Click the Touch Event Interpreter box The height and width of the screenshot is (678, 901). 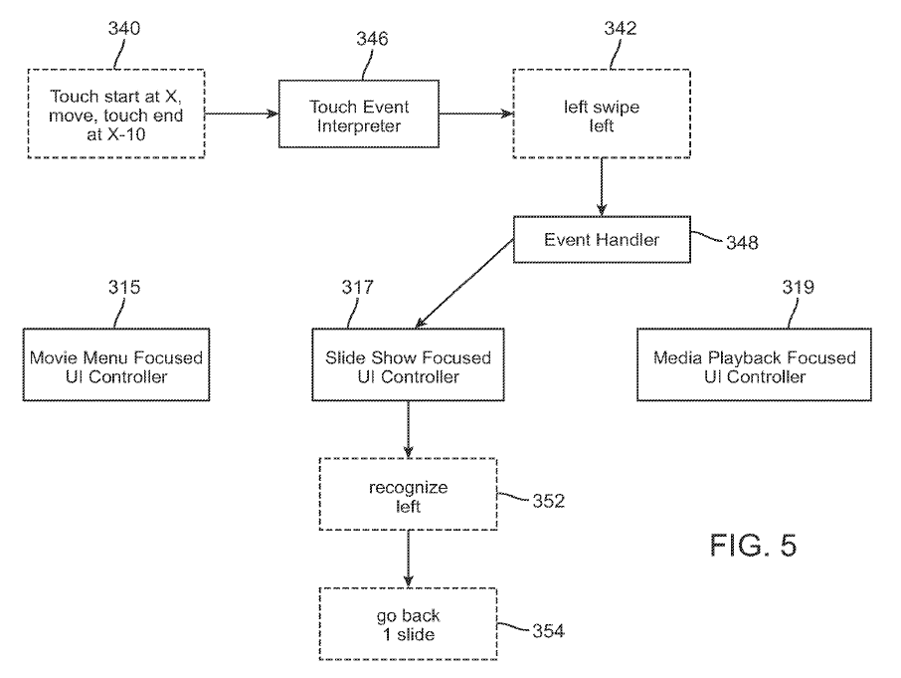pos(359,114)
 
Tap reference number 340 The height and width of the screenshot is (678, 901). pos(123,28)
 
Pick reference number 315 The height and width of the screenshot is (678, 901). pos(123,289)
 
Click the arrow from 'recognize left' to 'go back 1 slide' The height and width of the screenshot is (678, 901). pos(408,561)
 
